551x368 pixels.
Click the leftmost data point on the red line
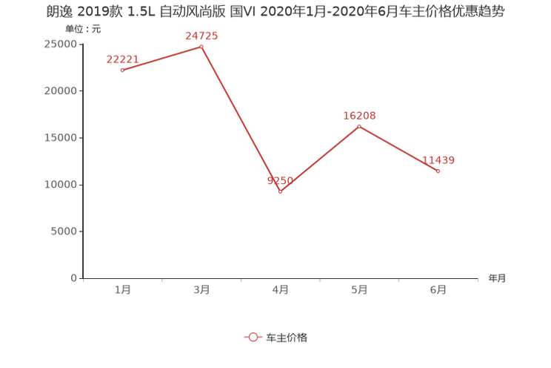point(121,70)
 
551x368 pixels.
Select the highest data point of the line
point(201,46)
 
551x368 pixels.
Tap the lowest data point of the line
point(280,192)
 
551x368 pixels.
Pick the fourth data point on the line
point(359,126)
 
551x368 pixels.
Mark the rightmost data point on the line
point(438,171)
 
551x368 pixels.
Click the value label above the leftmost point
point(122,58)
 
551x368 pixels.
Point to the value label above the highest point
point(201,34)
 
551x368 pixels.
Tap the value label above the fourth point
point(359,115)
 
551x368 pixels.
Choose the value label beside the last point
point(438,160)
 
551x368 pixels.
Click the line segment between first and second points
point(161,58)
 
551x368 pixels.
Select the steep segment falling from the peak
point(241,119)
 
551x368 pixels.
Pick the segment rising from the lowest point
point(320,159)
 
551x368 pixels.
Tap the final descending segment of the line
point(399,148)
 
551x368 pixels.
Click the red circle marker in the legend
point(253,337)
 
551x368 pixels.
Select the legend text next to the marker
point(287,337)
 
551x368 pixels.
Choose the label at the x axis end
point(497,279)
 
